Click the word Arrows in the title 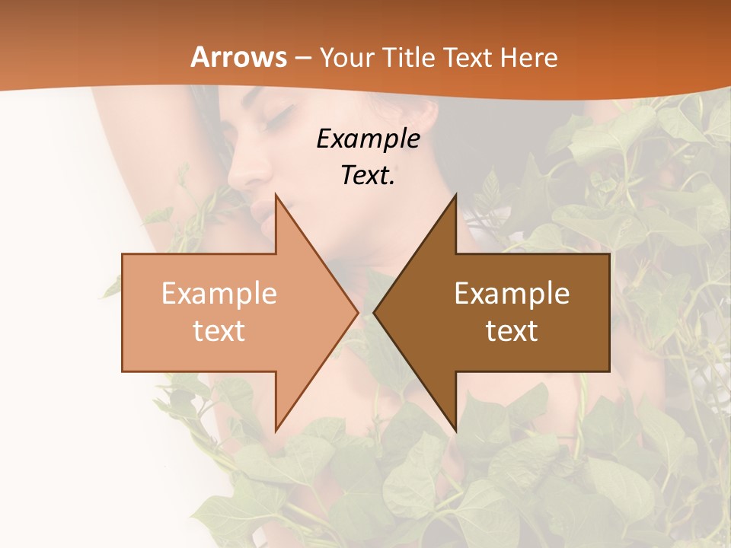(x=238, y=57)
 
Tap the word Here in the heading (x=530, y=57)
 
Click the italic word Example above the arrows (x=368, y=139)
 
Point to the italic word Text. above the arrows (x=368, y=175)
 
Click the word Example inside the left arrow (x=219, y=294)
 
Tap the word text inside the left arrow (x=219, y=331)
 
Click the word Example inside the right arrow (x=512, y=294)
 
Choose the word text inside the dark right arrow (x=512, y=331)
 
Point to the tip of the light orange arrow (x=356, y=312)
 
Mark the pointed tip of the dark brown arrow (x=375, y=312)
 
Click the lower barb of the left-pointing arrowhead (x=455, y=426)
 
